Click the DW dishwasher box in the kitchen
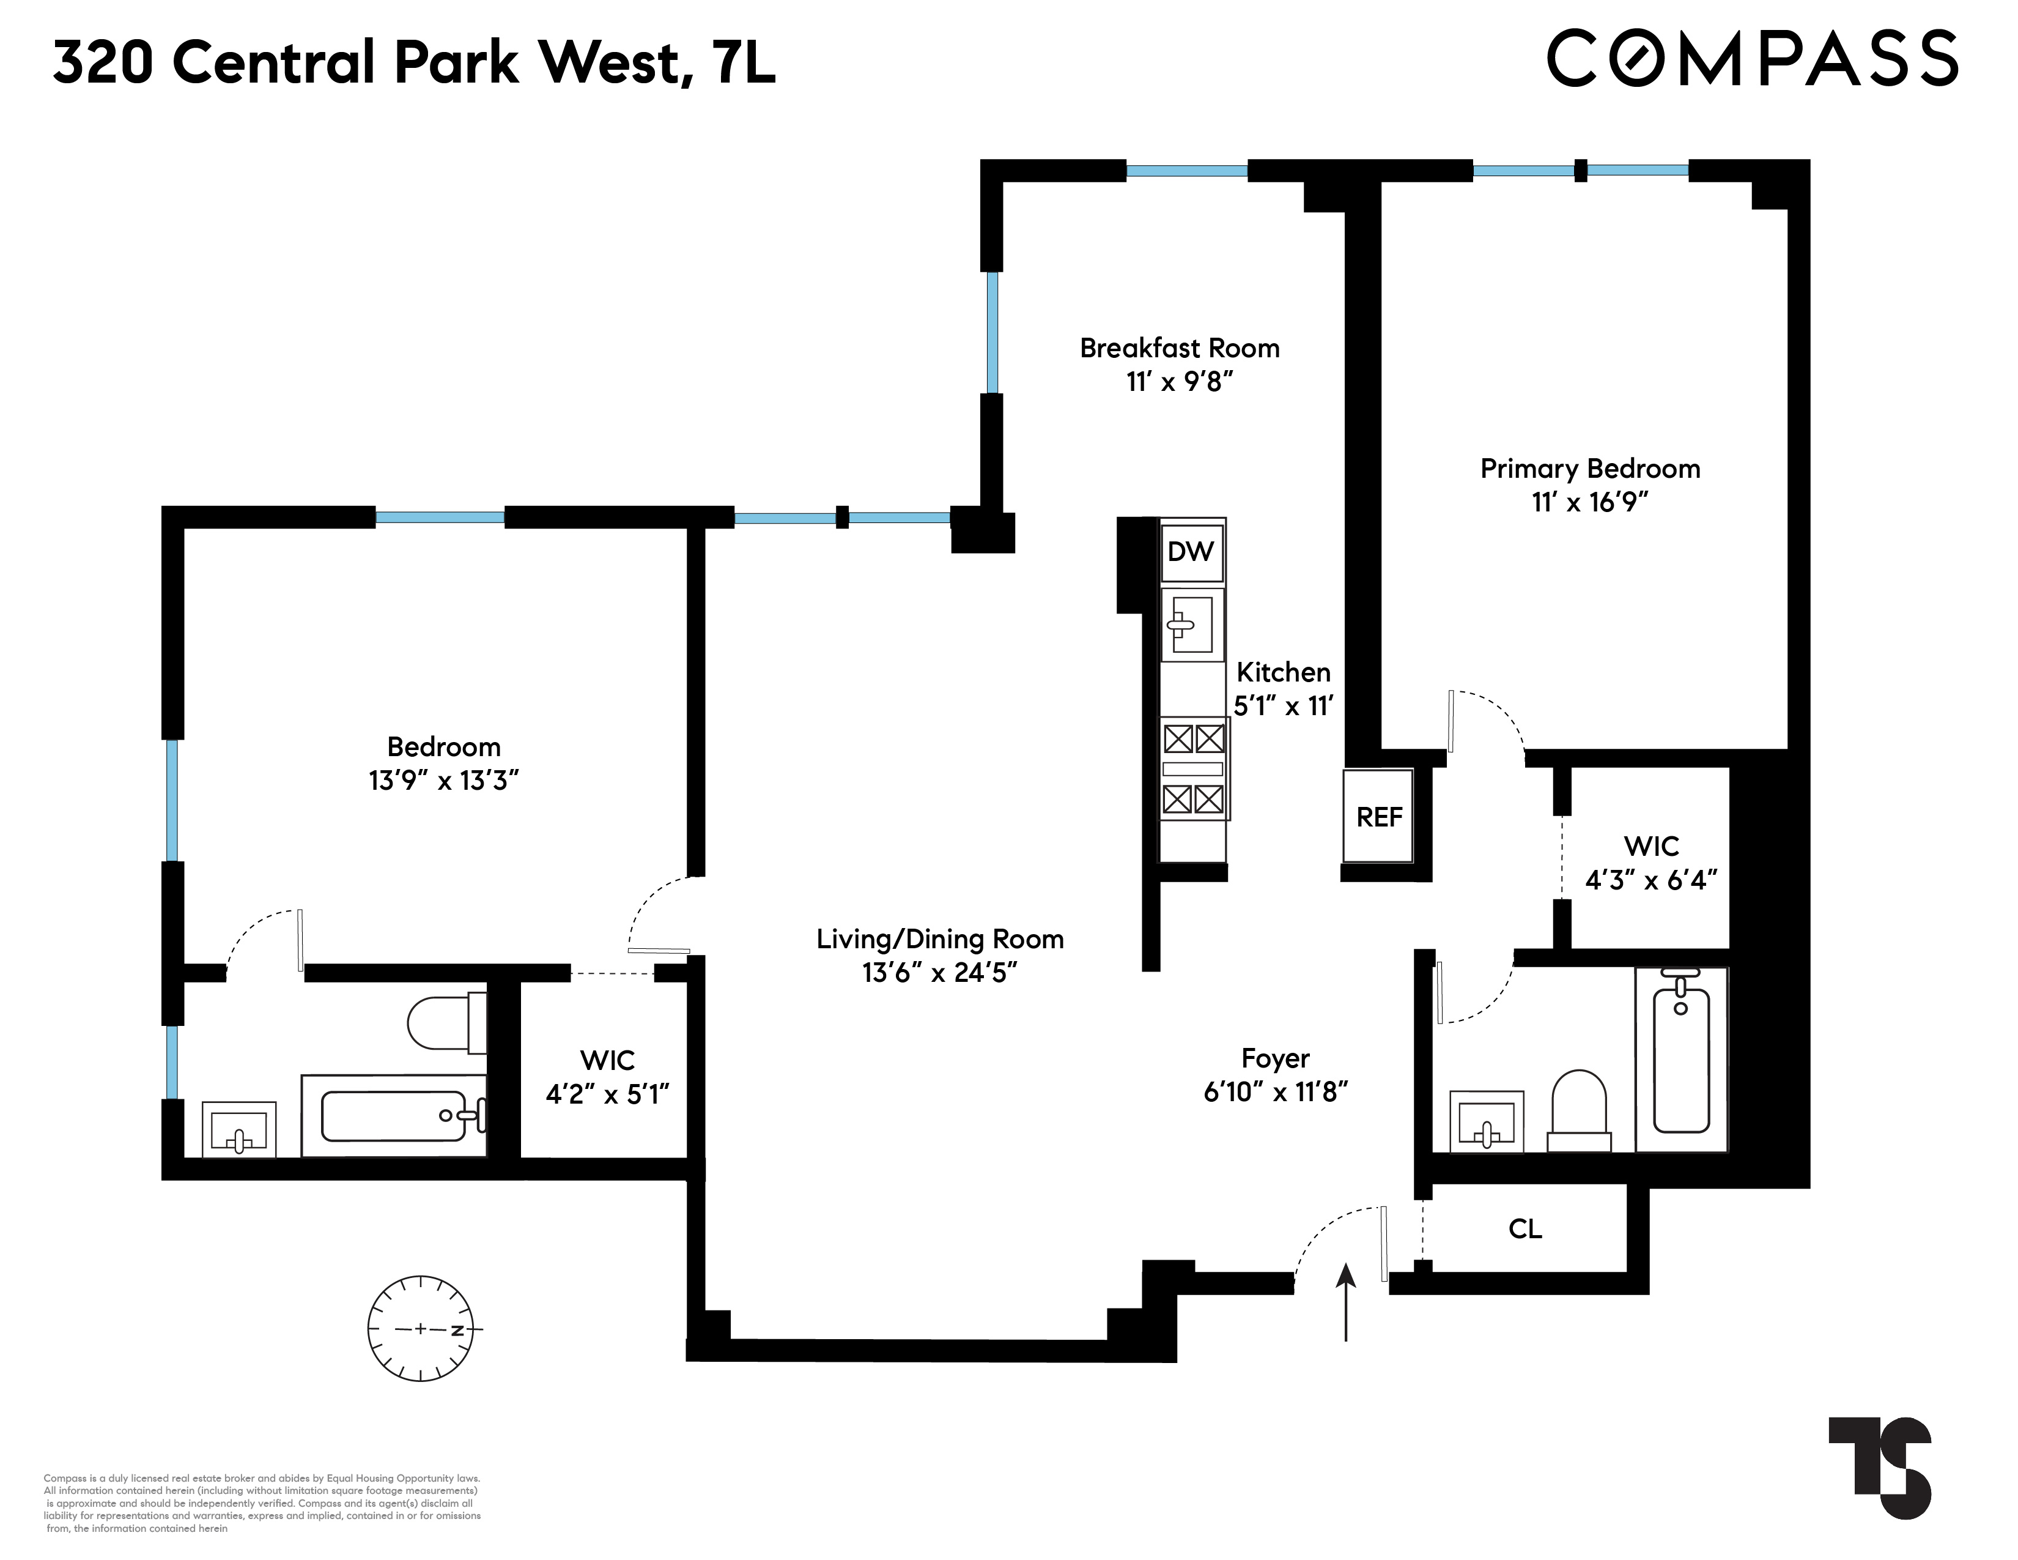point(1192,552)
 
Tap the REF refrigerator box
point(1378,816)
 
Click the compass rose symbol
point(421,1329)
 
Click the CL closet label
point(1525,1228)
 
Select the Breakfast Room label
point(1179,349)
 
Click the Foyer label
point(1275,1058)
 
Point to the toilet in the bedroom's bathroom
point(446,1023)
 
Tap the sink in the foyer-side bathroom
point(1486,1122)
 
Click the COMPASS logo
point(1752,58)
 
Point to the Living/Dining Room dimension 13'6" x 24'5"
point(940,973)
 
